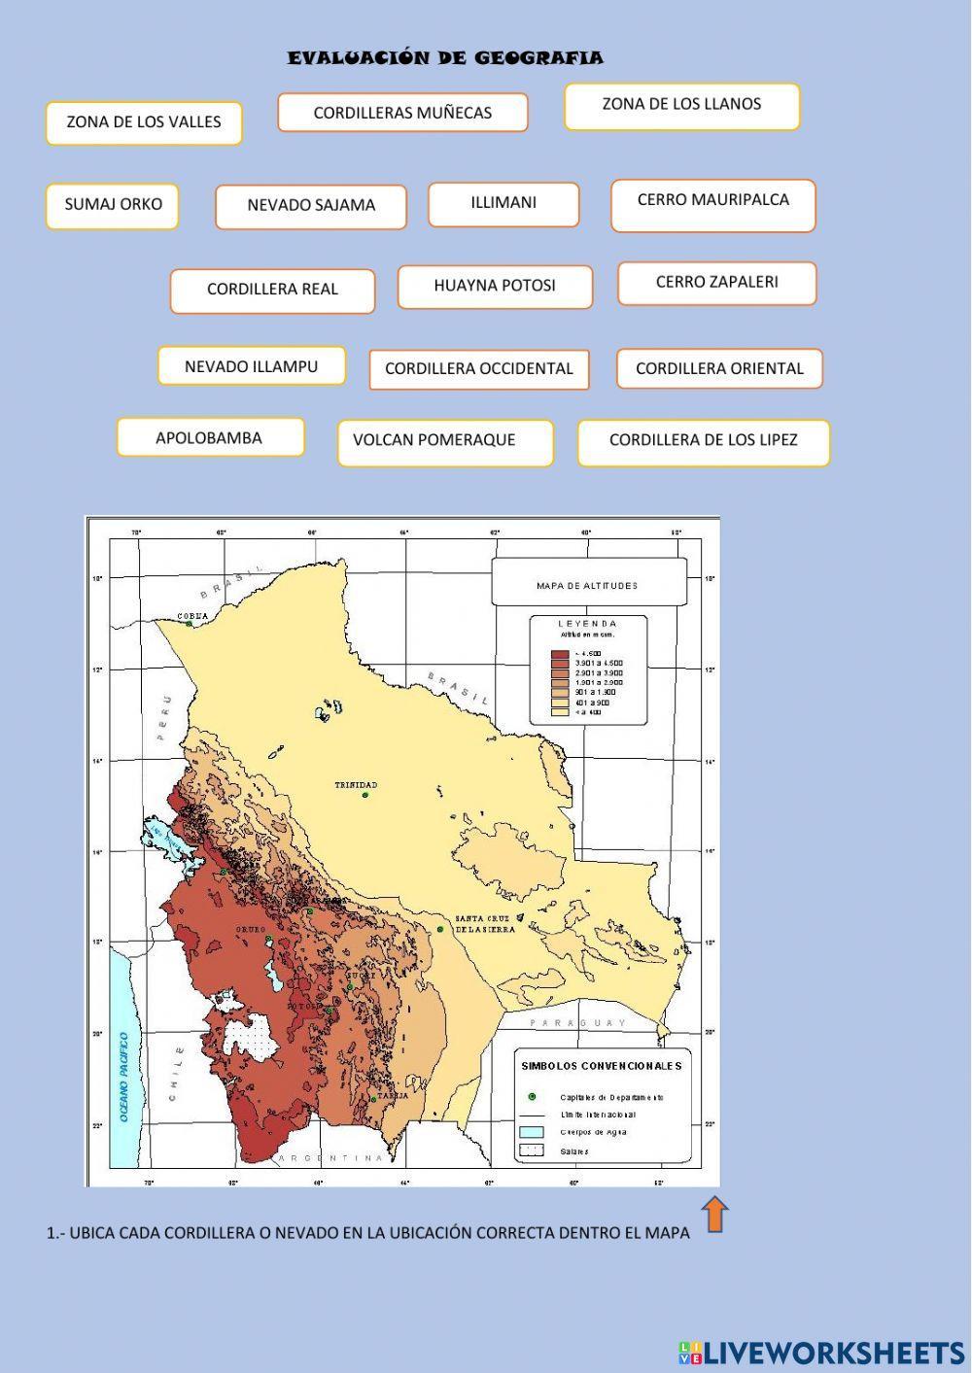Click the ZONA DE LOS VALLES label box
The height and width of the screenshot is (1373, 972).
(144, 123)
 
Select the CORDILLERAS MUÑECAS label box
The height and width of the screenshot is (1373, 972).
(402, 113)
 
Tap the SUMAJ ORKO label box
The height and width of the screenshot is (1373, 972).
(113, 206)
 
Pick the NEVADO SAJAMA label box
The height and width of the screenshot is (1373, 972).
(311, 206)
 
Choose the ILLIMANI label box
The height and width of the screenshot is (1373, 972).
(503, 204)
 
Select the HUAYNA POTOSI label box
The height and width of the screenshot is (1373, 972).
(495, 287)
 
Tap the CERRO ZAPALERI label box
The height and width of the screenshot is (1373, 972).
(717, 283)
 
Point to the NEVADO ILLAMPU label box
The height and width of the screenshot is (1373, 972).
(252, 366)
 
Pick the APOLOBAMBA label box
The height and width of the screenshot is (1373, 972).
(210, 437)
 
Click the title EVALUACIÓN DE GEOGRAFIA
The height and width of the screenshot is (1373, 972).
(445, 58)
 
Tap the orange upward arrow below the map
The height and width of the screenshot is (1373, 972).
(714, 1215)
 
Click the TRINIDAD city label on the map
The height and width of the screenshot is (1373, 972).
(356, 785)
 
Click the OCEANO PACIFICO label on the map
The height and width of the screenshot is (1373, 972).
(124, 1077)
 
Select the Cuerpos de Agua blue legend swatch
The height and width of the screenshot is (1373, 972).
(532, 1132)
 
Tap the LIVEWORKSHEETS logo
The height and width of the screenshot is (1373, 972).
(822, 1352)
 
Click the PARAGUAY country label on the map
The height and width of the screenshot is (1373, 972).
(578, 1023)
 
